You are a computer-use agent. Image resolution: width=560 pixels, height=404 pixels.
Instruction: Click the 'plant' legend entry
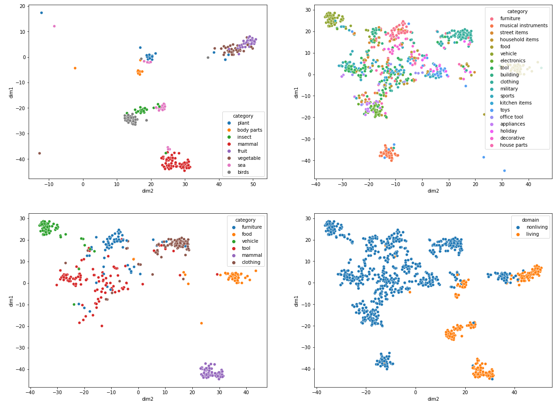[x=243, y=123]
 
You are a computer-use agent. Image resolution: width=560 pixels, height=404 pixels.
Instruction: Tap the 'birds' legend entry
[x=243, y=172]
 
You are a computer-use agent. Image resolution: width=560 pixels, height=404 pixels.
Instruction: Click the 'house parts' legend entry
[x=514, y=145]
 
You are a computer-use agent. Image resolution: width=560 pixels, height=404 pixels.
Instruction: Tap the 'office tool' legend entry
[x=514, y=117]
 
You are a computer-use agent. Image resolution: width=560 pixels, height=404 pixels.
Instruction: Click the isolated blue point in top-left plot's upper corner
[x=41, y=13]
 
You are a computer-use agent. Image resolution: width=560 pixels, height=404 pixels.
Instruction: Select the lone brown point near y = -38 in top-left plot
[x=39, y=153]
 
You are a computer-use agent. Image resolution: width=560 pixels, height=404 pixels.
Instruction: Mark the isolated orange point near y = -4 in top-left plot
[x=75, y=68]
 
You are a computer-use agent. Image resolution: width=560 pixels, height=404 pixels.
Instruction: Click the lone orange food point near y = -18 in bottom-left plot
[x=201, y=323]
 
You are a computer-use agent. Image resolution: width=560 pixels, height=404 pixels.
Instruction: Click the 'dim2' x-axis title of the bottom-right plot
[x=433, y=399]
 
